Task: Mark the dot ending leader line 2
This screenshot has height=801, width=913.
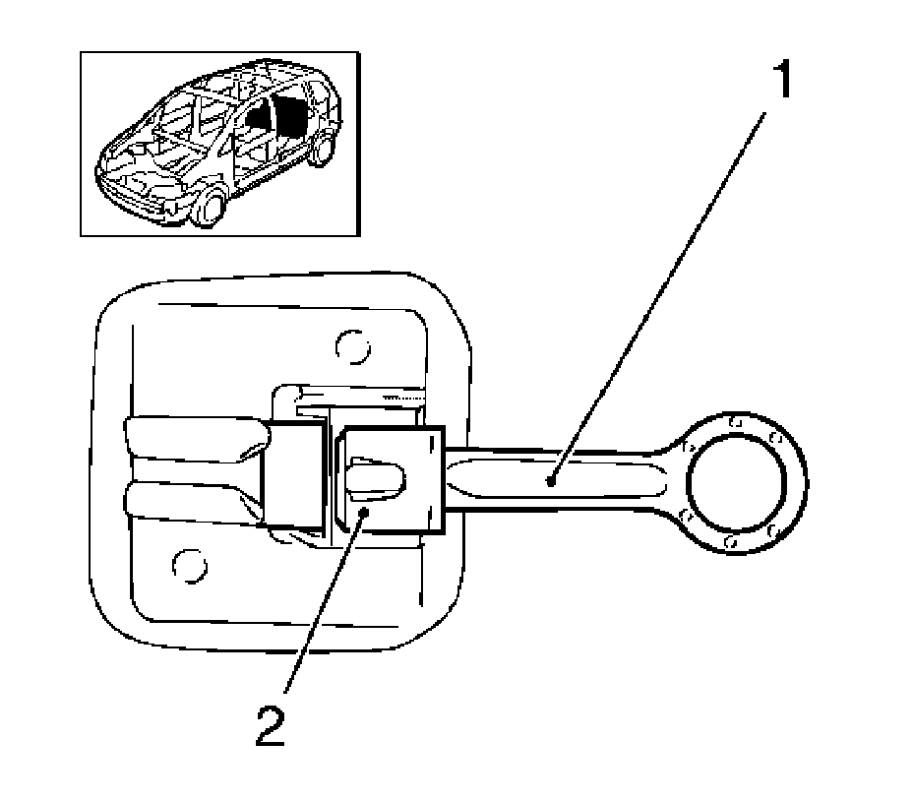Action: coord(362,513)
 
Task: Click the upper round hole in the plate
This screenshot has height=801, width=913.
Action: coord(350,345)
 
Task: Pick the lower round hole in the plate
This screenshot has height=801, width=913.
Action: coord(187,565)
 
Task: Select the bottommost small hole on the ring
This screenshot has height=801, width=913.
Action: coord(730,542)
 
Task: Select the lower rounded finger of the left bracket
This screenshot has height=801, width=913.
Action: coord(192,501)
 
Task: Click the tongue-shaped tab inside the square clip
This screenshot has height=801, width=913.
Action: coord(375,477)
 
